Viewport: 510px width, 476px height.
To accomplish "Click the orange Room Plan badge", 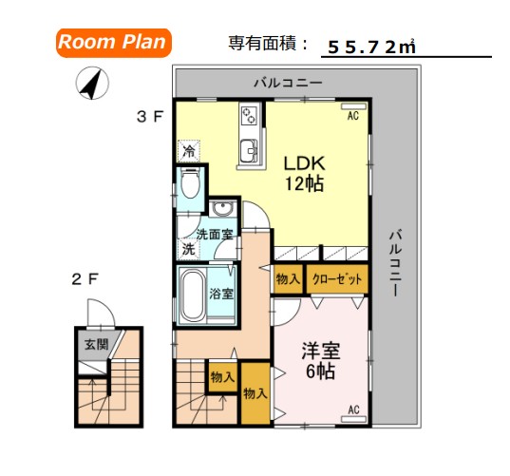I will point(113,42).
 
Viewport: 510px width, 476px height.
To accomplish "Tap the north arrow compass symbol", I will point(91,86).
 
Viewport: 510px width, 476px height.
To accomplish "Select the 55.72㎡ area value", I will point(370,46).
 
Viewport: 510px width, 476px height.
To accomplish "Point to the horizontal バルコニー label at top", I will point(288,84).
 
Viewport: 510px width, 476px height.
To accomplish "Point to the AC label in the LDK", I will point(351,116).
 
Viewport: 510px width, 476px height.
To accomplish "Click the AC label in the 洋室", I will point(352,409).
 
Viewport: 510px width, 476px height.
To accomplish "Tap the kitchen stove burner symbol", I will point(250,116).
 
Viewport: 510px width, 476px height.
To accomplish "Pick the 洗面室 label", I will point(216,234).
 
